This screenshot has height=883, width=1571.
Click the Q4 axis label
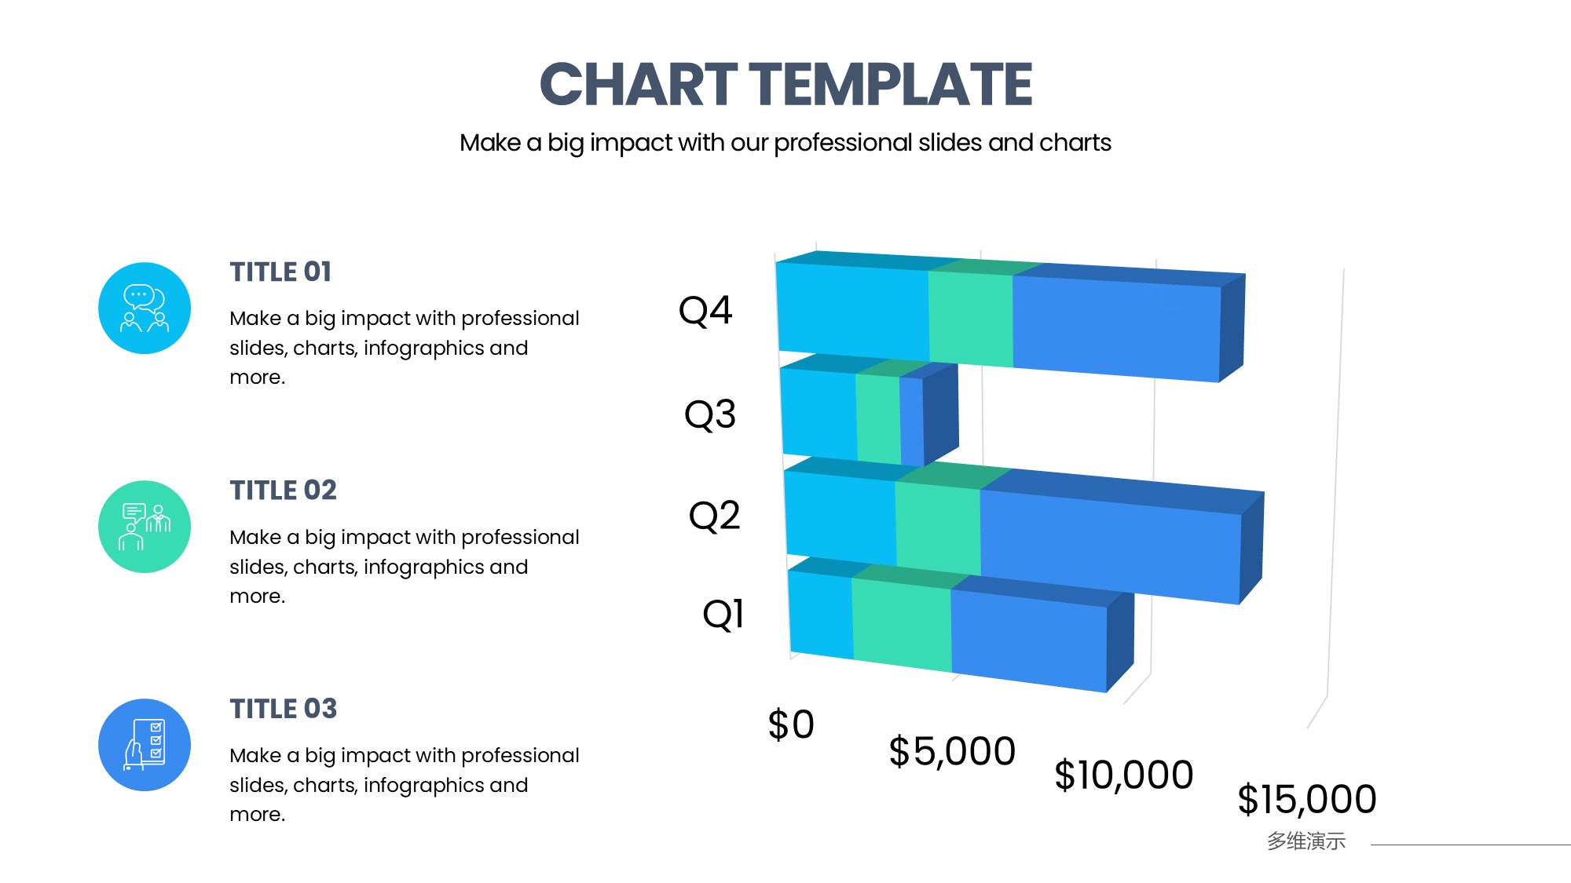(x=705, y=311)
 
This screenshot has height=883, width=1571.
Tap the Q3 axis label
(x=710, y=414)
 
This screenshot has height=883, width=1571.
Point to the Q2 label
(x=715, y=516)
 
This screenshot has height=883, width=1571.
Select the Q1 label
(x=723, y=614)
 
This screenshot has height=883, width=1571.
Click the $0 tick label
(x=791, y=724)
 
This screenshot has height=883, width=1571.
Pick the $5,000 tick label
(x=952, y=751)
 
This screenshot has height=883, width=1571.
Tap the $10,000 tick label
(x=1124, y=775)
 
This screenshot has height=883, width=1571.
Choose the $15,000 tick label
(x=1307, y=799)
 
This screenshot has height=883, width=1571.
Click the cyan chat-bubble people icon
(x=145, y=308)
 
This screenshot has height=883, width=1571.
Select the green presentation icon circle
(x=145, y=527)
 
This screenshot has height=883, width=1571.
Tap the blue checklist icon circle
(x=145, y=745)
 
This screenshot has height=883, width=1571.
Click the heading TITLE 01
(x=280, y=272)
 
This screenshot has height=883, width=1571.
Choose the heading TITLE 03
(x=284, y=709)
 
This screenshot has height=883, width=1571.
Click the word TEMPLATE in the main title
(x=891, y=84)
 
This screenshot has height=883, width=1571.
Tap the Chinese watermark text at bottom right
(x=1306, y=841)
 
